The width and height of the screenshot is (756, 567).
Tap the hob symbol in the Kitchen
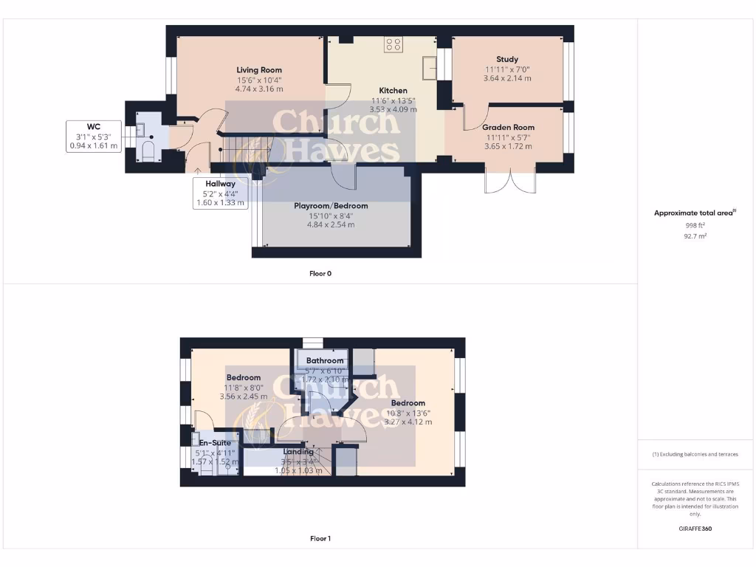[393, 44]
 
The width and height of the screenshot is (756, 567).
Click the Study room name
[507, 59]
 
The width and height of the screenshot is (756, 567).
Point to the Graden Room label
[508, 127]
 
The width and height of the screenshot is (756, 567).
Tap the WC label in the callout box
[93, 126]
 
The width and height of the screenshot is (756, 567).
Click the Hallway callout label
[220, 184]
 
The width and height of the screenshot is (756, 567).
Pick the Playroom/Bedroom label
[331, 206]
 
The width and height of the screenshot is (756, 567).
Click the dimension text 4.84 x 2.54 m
[331, 224]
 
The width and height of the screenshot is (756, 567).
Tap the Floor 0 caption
[320, 273]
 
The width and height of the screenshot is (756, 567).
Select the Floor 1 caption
[320, 539]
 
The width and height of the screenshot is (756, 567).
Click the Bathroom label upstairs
[326, 360]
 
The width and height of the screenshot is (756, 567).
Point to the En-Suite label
[213, 443]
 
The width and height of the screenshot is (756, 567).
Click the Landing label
[299, 452]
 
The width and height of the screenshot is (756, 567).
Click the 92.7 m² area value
[695, 236]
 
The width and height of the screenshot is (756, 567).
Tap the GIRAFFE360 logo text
[695, 529]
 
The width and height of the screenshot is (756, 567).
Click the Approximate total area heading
[695, 213]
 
